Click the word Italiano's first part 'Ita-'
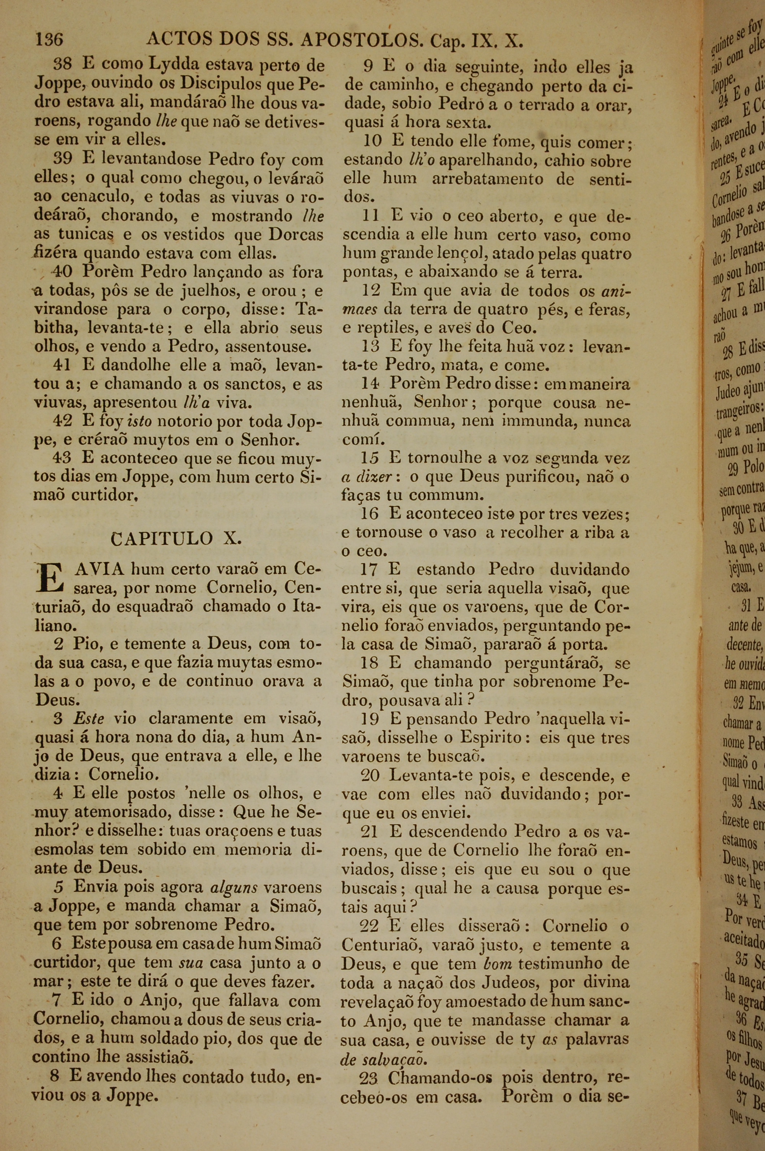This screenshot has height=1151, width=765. (307, 606)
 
